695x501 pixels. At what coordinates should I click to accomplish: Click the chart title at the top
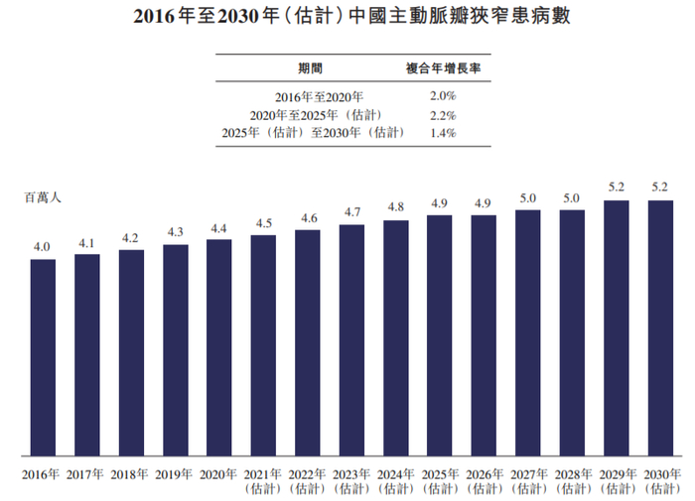tap(347, 18)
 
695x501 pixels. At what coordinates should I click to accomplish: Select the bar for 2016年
tap(43, 357)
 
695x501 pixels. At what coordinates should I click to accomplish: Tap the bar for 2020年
tap(218, 347)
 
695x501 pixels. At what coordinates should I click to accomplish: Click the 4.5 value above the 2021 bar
tap(263, 223)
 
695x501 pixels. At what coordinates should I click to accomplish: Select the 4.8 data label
tap(395, 207)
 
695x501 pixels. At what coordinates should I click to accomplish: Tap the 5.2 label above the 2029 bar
tap(616, 187)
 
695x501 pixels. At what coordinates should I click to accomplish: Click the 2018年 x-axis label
tap(131, 474)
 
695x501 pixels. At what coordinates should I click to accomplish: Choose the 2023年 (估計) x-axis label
tap(351, 480)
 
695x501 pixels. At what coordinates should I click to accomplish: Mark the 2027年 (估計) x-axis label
tap(527, 480)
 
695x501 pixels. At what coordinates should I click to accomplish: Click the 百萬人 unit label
tap(43, 197)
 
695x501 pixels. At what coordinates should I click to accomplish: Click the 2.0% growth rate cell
tap(442, 96)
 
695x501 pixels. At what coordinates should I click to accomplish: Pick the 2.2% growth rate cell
tap(442, 115)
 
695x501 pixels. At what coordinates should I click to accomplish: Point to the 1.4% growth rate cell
tap(442, 133)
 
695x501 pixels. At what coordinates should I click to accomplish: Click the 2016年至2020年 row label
tap(311, 96)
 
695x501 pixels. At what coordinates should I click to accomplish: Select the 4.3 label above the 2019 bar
tap(175, 232)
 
